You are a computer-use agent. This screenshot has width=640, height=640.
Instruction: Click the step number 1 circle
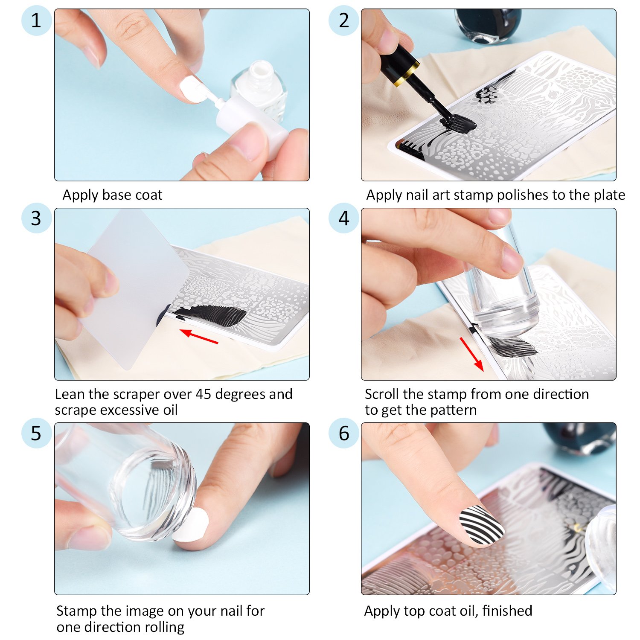(x=36, y=20)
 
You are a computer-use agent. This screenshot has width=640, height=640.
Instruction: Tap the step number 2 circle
(x=344, y=20)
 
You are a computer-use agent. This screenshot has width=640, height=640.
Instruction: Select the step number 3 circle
(x=36, y=218)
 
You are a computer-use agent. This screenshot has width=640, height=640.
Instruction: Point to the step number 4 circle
(x=344, y=218)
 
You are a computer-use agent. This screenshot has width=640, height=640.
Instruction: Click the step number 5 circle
(x=36, y=433)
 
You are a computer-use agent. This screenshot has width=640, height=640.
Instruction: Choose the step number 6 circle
(x=344, y=433)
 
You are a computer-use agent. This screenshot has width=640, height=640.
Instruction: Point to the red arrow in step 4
(x=471, y=354)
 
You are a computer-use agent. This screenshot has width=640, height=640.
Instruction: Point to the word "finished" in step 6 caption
(x=507, y=611)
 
